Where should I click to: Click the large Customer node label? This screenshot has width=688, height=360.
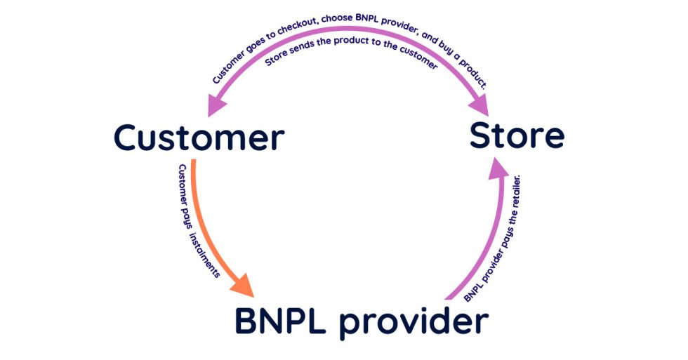click(199, 138)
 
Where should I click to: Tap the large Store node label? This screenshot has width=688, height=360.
click(517, 135)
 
